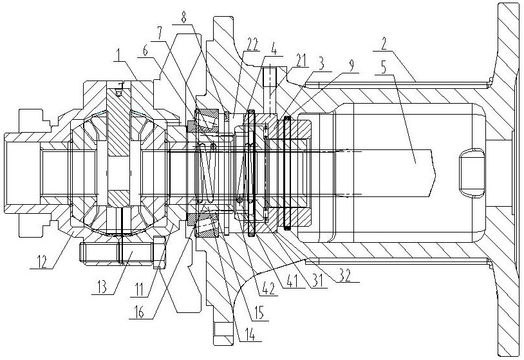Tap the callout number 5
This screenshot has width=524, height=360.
click(383, 67)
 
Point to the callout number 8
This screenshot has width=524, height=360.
click(184, 17)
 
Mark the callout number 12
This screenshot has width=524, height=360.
click(42, 261)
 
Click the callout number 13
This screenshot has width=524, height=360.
click(104, 286)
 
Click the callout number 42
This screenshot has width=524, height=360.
click(269, 289)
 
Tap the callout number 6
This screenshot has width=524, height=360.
click(145, 51)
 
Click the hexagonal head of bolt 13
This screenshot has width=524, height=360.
click(160, 252)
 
